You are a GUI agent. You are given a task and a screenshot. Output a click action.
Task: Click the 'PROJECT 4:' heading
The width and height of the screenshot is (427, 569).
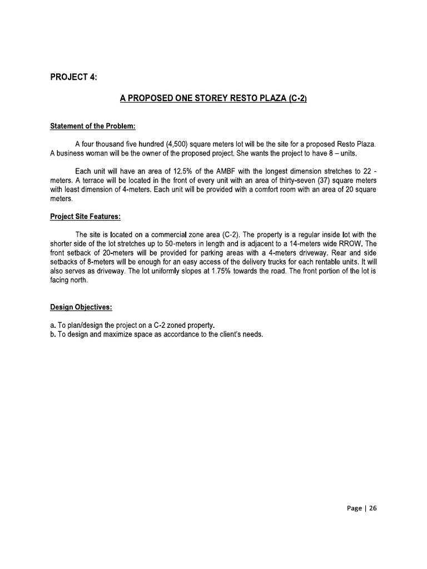(73, 77)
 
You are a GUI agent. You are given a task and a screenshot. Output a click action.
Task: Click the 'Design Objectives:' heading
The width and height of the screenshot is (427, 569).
(81, 307)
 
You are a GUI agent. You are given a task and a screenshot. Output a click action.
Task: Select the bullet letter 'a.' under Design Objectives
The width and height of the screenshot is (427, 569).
(53, 325)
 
